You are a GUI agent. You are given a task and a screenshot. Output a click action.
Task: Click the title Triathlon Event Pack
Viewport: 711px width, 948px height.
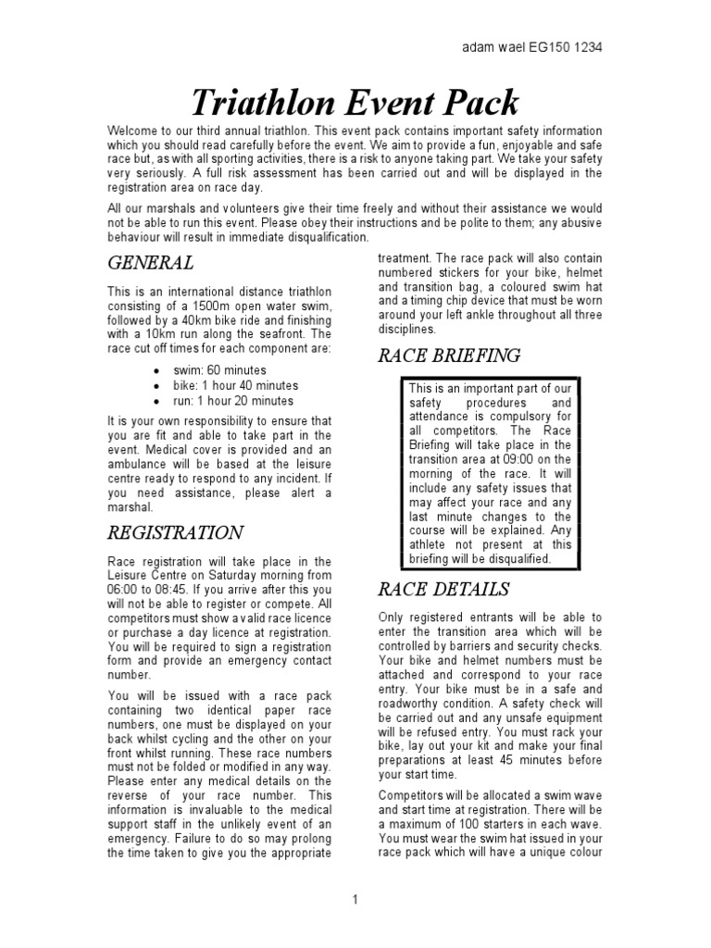tap(355, 102)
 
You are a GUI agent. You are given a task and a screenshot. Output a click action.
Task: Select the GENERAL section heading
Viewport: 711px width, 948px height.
tap(151, 263)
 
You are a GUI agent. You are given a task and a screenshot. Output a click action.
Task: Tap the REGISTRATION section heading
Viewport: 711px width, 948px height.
tap(176, 532)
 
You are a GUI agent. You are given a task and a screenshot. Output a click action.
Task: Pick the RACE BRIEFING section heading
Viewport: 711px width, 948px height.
tap(449, 355)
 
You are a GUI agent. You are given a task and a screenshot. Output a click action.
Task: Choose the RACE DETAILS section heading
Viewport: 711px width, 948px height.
tap(443, 589)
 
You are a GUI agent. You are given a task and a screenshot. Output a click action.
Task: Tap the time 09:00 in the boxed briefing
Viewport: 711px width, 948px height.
tap(515, 458)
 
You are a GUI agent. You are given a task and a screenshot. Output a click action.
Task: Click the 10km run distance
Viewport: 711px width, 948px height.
tap(158, 334)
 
